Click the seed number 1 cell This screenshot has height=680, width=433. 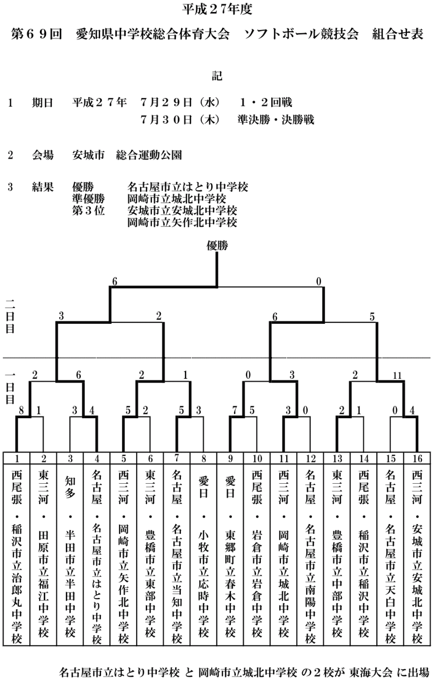pyautogui.click(x=17, y=458)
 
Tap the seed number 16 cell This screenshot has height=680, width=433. pyautogui.click(x=417, y=458)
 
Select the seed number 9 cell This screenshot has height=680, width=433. pyautogui.click(x=230, y=458)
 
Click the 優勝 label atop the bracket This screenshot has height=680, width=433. pyautogui.click(x=217, y=246)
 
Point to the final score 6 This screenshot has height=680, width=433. pyautogui.click(x=115, y=282)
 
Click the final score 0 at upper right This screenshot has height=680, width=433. pyautogui.click(x=319, y=282)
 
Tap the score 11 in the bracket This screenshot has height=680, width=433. pyautogui.click(x=397, y=375)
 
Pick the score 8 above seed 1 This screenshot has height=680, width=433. pyautogui.click(x=21, y=411)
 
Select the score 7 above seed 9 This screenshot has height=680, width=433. pyautogui.click(x=235, y=411)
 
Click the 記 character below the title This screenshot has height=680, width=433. pyautogui.click(x=217, y=76)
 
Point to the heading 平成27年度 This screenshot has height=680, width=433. pyautogui.click(x=217, y=9)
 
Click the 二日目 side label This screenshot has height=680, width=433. pyautogui.click(x=10, y=317)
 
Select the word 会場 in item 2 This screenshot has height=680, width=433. pyautogui.click(x=43, y=155)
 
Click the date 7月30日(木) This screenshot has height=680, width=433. pyautogui.click(x=180, y=119)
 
